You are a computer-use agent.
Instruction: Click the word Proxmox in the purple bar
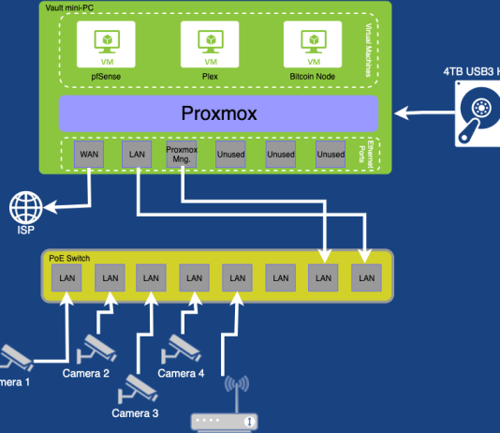point(219,113)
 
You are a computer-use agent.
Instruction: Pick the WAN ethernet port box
point(90,154)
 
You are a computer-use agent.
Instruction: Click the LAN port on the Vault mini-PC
point(136,154)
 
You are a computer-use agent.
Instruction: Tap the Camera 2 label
point(86,373)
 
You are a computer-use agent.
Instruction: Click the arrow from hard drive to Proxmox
point(420,113)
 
